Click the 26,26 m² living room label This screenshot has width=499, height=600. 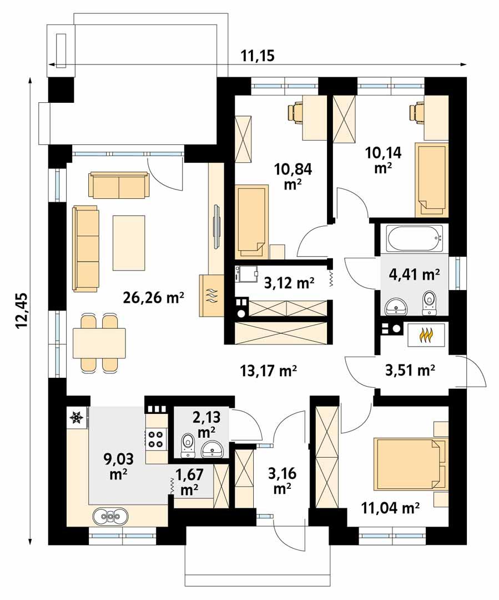point(153,298)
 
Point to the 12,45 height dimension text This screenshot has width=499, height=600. point(23,311)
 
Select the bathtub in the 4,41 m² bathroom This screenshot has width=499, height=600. point(415,239)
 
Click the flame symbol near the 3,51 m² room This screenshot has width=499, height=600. point(425,335)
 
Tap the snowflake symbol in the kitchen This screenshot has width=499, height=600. point(77,417)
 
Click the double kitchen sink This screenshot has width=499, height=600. point(110,516)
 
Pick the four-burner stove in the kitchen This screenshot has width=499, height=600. point(155,438)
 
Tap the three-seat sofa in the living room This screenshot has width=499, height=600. point(85,248)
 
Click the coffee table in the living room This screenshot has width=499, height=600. point(129,243)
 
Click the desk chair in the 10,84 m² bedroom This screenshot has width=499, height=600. point(295,112)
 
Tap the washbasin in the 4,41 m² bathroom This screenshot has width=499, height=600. point(395,304)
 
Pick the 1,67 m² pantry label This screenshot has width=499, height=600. point(189,482)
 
